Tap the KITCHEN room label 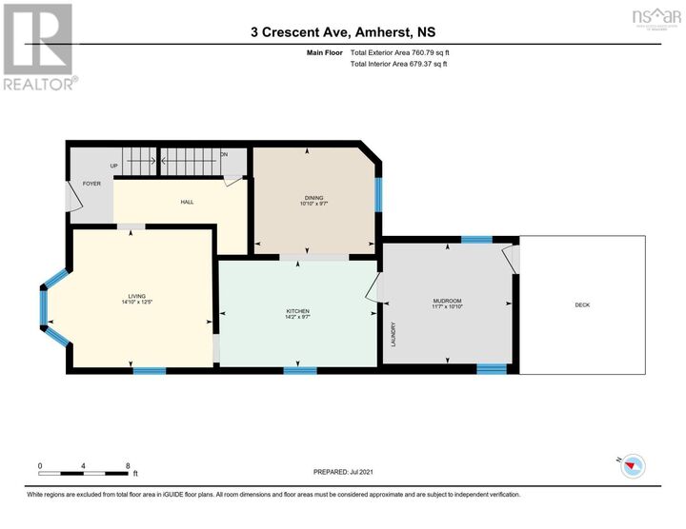[x=298, y=311]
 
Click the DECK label [x=582, y=305]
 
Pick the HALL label [x=188, y=202]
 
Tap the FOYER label [x=91, y=183]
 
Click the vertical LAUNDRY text [x=393, y=334]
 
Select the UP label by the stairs [x=113, y=166]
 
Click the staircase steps [x=190, y=159]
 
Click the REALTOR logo [x=37, y=47]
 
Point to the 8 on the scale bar [x=128, y=465]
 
